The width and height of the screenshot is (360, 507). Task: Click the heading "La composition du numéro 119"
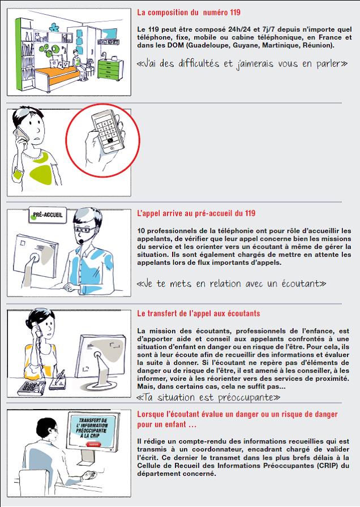188,12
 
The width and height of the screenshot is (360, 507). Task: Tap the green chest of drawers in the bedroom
110,69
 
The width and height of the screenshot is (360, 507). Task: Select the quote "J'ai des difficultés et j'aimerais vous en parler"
242,63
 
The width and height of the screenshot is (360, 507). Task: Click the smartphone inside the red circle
108,130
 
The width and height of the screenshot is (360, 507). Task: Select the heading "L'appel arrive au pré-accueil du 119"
196,213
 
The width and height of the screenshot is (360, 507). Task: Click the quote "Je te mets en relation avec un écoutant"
232,283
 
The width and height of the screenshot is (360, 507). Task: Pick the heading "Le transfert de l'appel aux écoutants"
199,313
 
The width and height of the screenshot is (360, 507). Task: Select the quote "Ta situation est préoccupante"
208,397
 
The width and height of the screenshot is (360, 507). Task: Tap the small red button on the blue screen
93,444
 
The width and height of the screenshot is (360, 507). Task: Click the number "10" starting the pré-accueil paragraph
141,231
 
